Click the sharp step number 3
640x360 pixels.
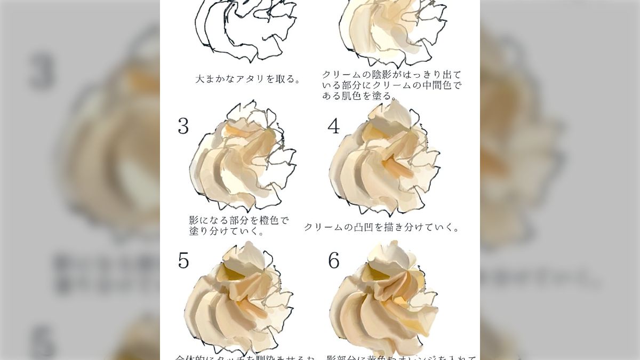click(x=183, y=126)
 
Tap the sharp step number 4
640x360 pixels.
click(x=334, y=126)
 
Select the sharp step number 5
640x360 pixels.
click(x=183, y=260)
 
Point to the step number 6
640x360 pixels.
click(x=334, y=260)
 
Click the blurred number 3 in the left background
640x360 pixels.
click(x=42, y=71)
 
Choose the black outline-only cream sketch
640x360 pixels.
click(x=245, y=29)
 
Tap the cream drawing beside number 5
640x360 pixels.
click(x=237, y=299)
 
